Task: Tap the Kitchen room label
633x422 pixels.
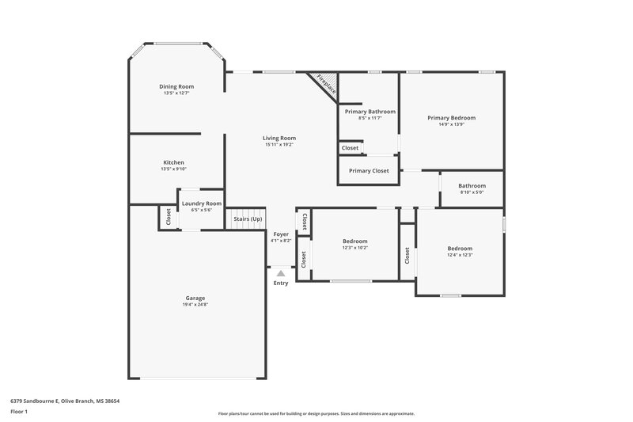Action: (173, 162)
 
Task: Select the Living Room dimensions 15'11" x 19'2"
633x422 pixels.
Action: (279, 145)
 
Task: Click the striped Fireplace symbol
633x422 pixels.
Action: (325, 83)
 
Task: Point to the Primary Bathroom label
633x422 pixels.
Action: (370, 112)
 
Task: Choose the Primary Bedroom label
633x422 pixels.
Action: (451, 118)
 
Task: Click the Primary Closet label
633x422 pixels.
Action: (369, 170)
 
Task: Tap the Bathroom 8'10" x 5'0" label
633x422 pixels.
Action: (472, 186)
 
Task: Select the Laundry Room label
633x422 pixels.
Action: (201, 203)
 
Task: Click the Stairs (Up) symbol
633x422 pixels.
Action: (248, 219)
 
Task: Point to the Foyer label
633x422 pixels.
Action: (281, 234)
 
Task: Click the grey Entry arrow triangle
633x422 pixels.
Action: (280, 273)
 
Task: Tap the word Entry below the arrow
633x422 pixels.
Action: (281, 283)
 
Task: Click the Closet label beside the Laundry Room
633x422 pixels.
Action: (169, 216)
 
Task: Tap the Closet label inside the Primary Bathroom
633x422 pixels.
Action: (350, 148)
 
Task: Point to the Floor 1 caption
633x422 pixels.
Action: (19, 412)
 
